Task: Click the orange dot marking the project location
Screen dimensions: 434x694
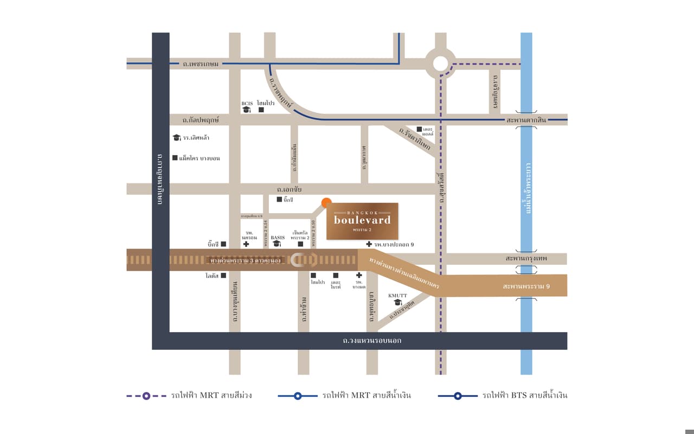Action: tap(326, 202)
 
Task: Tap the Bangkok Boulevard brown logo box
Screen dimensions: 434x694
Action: tap(362, 221)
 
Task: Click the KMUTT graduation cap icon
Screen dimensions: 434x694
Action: tap(397, 302)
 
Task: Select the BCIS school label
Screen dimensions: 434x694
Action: tap(247, 103)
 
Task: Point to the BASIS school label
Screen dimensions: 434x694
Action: tap(278, 238)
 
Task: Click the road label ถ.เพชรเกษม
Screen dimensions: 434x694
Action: tap(201, 64)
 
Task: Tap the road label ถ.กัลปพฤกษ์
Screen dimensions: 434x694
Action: tap(201, 119)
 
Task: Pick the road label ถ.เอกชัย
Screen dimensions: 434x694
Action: tap(289, 190)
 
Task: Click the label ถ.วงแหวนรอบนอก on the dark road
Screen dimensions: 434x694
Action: tap(372, 341)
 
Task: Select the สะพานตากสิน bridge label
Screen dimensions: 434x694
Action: tap(526, 120)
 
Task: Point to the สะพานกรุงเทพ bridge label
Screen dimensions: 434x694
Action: tap(526, 259)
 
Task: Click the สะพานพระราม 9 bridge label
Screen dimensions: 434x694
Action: tap(526, 286)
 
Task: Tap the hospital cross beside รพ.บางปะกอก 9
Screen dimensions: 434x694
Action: tap(369, 245)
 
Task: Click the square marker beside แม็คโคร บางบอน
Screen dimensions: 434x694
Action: tap(175, 158)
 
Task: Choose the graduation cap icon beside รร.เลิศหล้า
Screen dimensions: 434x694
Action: tap(176, 138)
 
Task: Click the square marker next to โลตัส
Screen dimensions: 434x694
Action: tap(223, 276)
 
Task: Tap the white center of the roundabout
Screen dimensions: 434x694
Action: tap(440, 63)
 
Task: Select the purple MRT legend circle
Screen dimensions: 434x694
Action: tap(146, 396)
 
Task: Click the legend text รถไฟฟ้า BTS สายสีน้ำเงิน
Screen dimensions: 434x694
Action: tap(524, 395)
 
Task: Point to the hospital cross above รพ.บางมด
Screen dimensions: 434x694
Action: tap(359, 276)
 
